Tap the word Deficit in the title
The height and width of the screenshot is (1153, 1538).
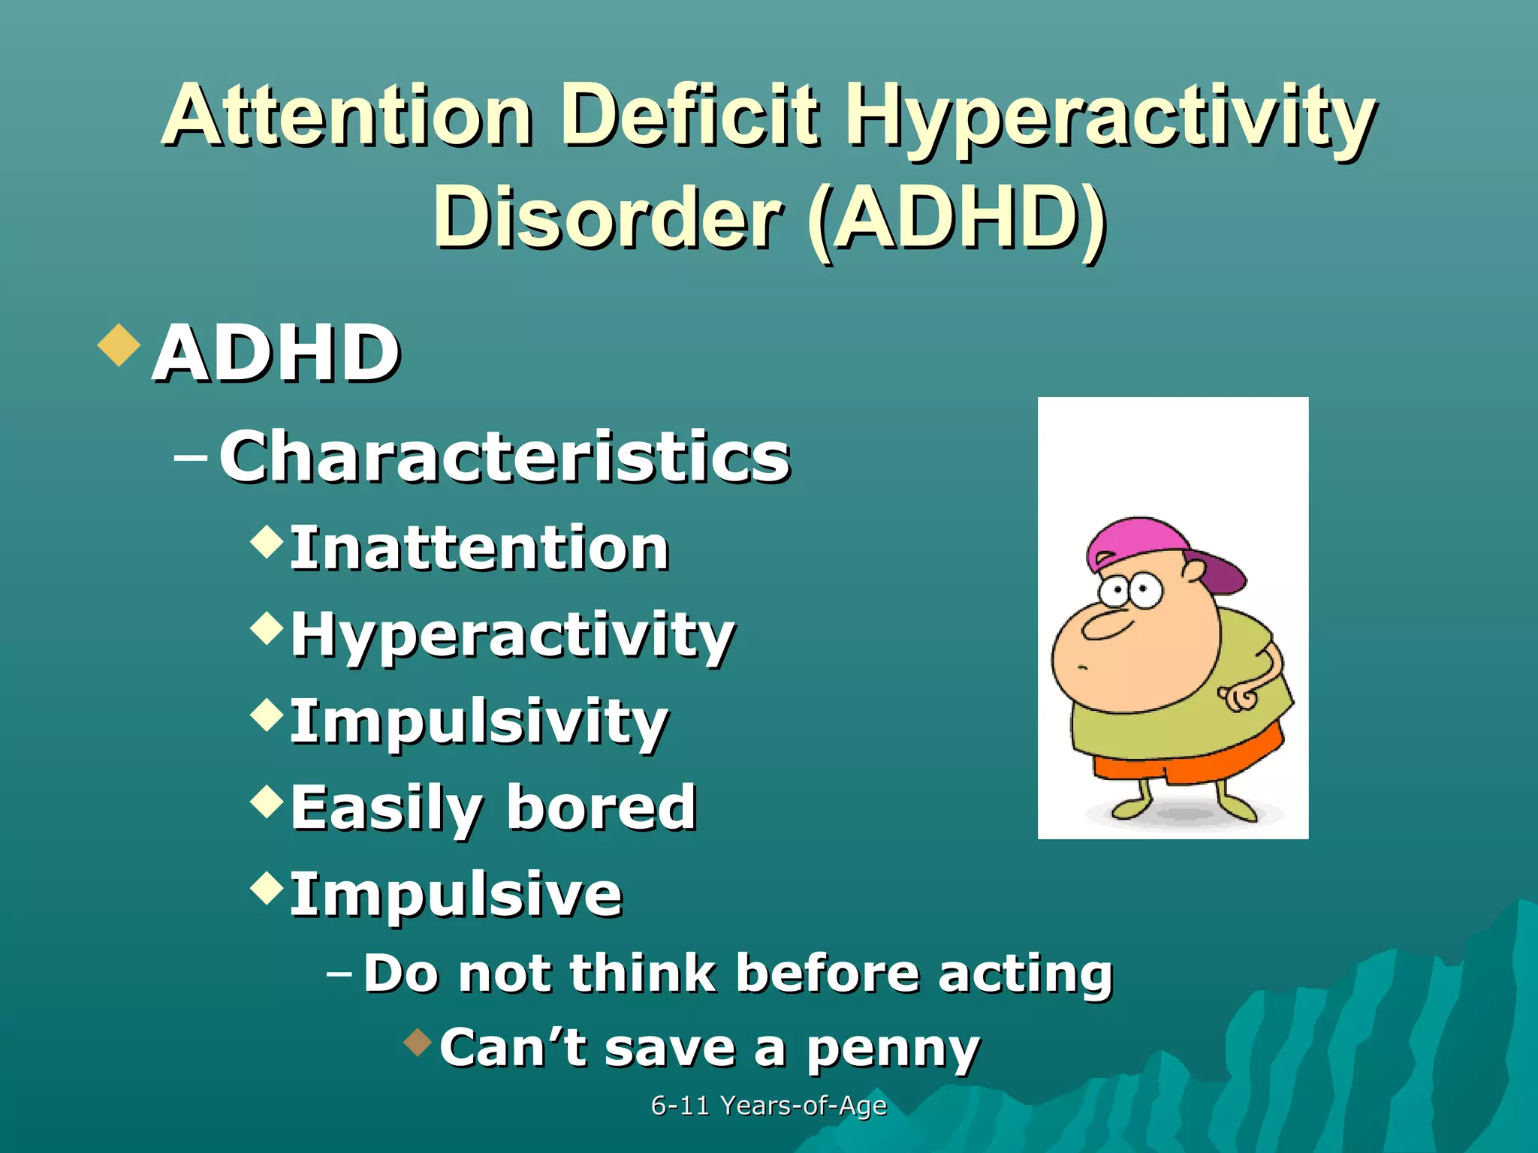click(689, 116)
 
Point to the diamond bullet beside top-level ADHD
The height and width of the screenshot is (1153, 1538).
click(119, 345)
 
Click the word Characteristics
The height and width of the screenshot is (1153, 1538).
click(505, 457)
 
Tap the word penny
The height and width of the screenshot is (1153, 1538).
click(893, 1049)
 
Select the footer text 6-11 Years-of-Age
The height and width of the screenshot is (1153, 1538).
click(768, 1106)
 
